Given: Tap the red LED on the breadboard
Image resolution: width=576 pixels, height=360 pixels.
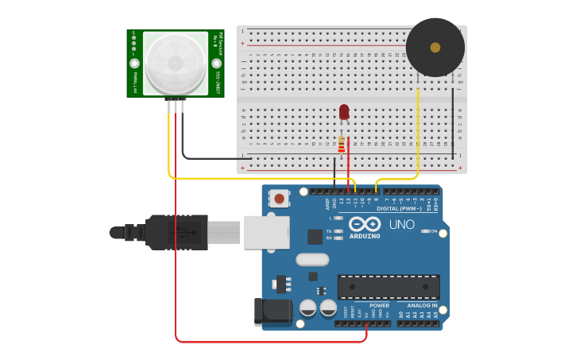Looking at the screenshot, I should point(344,112).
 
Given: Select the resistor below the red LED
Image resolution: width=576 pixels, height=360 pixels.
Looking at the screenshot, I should point(342,145).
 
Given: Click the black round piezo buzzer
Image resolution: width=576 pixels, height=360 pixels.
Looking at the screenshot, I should point(435,48).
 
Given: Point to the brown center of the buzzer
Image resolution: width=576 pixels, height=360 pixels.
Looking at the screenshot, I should point(435,48).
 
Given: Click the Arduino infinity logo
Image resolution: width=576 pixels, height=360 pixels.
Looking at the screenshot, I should point(365,224).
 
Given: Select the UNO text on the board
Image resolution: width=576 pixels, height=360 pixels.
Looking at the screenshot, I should point(402,225).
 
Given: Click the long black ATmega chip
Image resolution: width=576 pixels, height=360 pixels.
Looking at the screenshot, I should point(389,287).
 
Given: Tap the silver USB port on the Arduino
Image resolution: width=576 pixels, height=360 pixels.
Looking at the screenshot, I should point(266,232).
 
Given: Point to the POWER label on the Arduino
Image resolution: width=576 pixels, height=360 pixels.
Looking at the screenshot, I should point(380,305).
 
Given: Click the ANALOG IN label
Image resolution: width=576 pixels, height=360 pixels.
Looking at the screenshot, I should point(422,305).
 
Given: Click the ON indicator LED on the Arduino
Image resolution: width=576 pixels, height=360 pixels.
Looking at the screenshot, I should point(424,231).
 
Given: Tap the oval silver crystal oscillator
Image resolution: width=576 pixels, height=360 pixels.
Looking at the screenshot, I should point(312,259).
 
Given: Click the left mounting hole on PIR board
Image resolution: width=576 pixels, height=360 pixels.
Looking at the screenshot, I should point(134,63).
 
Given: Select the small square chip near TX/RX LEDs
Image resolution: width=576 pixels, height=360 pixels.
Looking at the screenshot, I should point(315,236).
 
